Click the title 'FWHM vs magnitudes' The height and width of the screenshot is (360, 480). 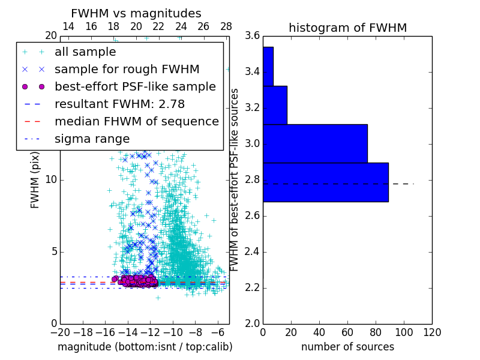point(136,13)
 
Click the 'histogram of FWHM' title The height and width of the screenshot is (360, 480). point(347,28)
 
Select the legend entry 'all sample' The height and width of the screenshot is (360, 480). point(85,52)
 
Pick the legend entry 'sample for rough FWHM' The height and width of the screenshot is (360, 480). point(127,69)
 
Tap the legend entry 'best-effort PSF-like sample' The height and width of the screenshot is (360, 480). point(135,86)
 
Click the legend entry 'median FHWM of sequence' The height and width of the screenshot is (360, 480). point(136,121)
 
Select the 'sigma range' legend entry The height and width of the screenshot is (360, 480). point(92,139)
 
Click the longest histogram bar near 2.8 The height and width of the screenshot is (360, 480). point(326,182)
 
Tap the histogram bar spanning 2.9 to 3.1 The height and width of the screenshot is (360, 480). point(315,143)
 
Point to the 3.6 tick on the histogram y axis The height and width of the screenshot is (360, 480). point(253,36)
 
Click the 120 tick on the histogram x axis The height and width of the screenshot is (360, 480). point(432,332)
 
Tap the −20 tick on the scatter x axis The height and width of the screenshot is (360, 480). point(60,332)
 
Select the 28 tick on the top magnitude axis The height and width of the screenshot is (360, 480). point(226,26)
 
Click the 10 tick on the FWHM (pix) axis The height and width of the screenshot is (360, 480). point(52,180)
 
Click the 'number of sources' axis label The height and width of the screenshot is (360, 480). point(347,347)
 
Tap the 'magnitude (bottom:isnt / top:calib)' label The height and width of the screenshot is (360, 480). point(145,347)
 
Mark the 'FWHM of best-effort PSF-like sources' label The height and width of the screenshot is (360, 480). point(235,179)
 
